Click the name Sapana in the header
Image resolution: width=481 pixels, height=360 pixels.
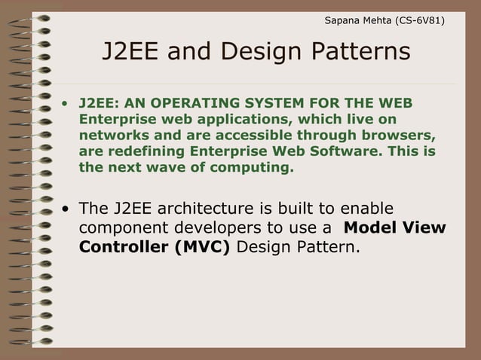(x=342, y=20)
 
